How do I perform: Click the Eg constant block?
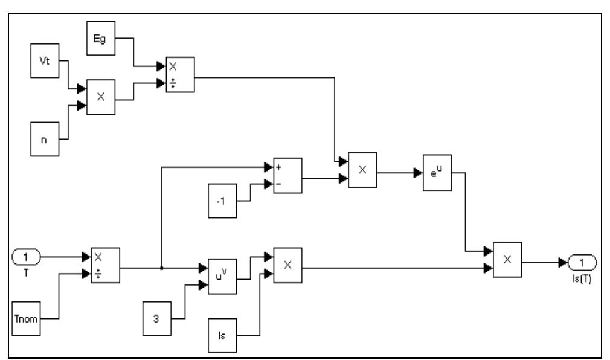[101, 37]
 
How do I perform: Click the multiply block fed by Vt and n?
[101, 97]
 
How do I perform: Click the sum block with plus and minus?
[287, 176]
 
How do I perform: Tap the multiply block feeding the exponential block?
[362, 170]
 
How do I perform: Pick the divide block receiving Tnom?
[105, 265]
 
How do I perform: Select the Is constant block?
[222, 334]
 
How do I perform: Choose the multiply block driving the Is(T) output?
[507, 259]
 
